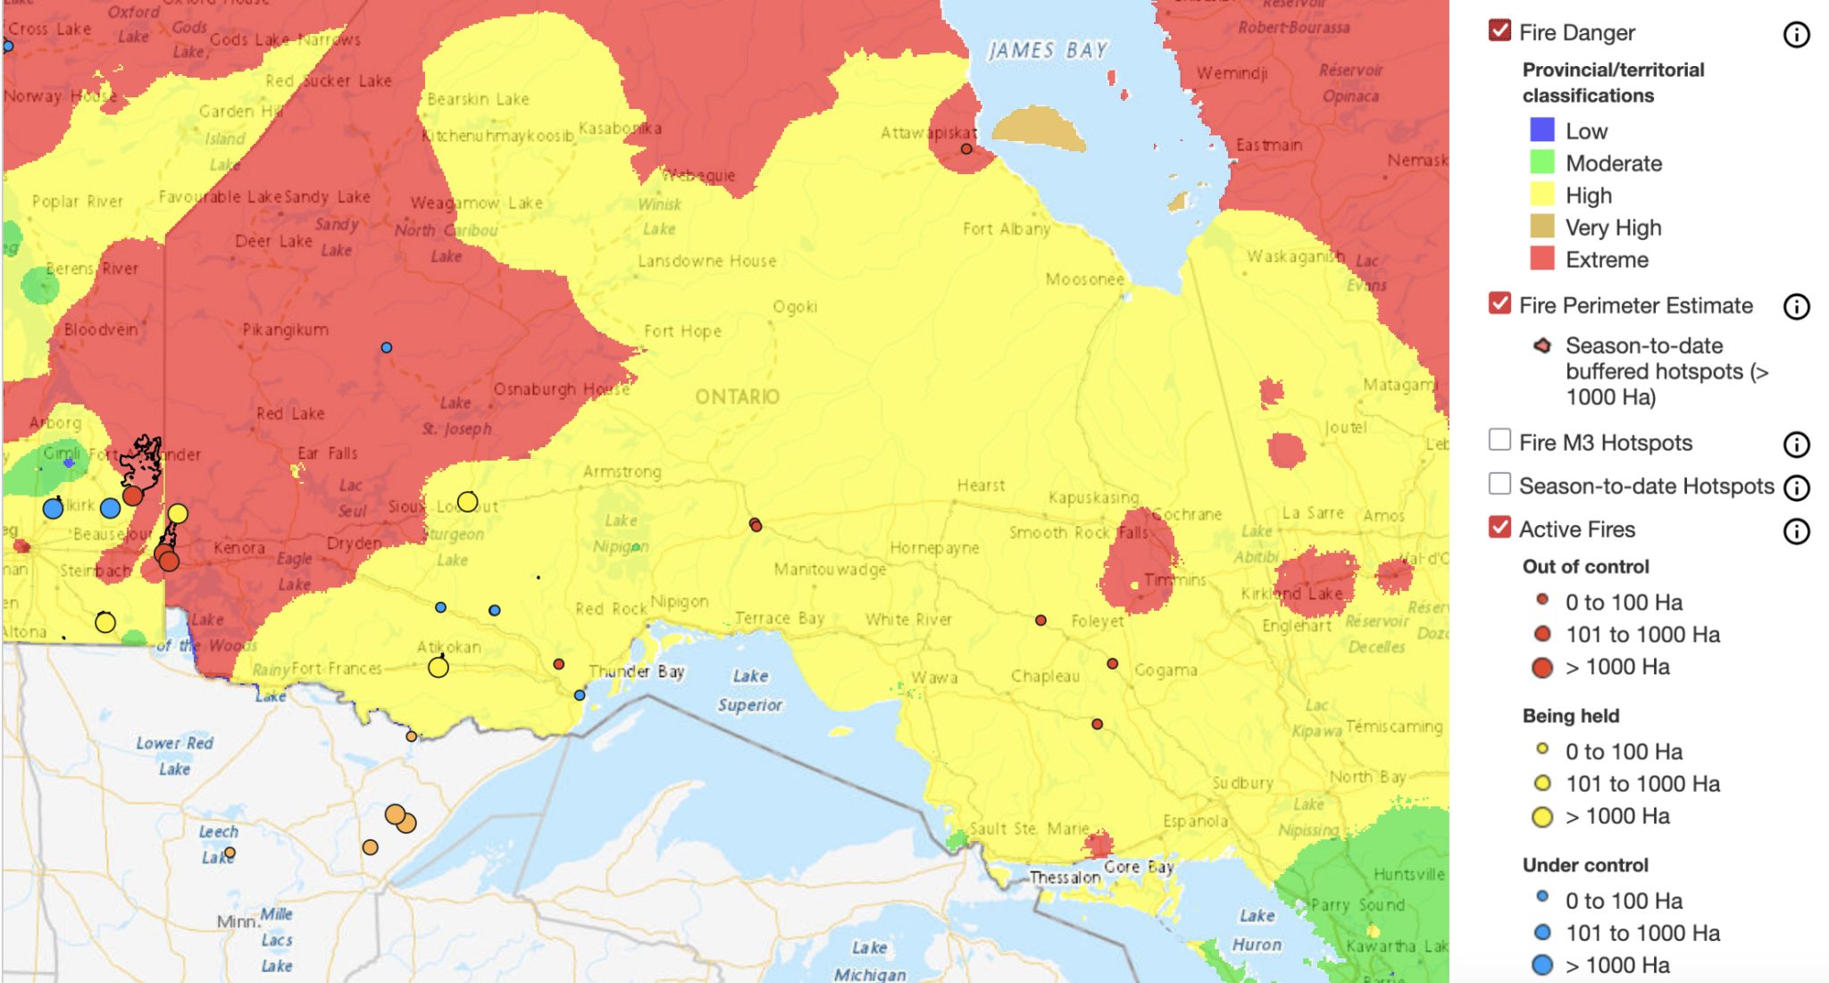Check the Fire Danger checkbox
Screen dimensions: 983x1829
coord(1499,31)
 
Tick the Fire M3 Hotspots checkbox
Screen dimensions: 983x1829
coord(1499,440)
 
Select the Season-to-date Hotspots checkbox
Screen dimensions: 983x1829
coord(1499,484)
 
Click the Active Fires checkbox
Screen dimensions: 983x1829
coord(1499,528)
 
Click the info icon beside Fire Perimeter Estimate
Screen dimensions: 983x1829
coord(1796,307)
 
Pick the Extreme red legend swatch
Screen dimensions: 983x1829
coord(1541,259)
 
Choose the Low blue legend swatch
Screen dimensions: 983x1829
coord(1541,130)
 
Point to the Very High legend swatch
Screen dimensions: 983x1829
coord(1541,227)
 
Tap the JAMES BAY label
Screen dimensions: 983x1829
coord(1048,51)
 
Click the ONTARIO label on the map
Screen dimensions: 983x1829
coord(737,396)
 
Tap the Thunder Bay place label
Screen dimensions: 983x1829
coord(637,671)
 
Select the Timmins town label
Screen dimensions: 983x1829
coord(1175,580)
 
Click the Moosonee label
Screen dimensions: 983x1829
coord(1084,279)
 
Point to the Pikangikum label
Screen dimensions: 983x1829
coord(285,330)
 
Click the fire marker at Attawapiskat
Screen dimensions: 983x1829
coord(966,149)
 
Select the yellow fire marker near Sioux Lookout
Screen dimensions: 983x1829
coord(467,502)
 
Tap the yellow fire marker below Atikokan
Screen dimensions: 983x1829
coord(438,667)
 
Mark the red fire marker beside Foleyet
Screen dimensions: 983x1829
coord(1040,620)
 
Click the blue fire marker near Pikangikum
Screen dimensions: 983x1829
coord(386,347)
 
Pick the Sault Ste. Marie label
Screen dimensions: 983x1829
coord(1029,829)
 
